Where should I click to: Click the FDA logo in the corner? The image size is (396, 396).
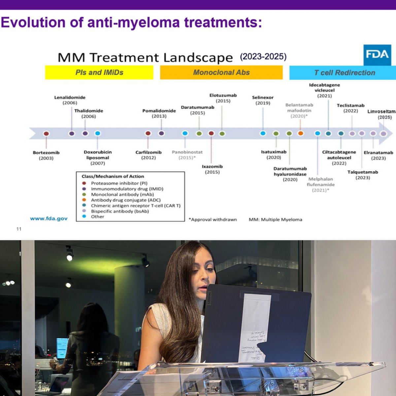pos(377,55)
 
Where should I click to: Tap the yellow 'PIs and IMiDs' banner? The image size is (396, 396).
pos(99,73)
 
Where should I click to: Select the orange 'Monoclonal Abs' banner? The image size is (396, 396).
pos(221,73)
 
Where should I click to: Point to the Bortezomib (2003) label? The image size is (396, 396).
pos(46,155)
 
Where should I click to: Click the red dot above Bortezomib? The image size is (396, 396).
pos(46,134)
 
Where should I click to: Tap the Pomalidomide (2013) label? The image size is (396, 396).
pos(159,114)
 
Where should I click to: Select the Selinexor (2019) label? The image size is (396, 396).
pos(263,100)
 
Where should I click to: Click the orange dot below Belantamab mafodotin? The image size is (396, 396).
pos(300,134)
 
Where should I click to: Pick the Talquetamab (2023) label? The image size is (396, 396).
pos(363,175)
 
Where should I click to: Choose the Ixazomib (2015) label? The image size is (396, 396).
pos(212,169)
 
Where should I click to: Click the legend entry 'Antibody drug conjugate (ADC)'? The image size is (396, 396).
pos(125,200)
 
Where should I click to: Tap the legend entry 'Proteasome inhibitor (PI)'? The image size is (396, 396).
pos(119,183)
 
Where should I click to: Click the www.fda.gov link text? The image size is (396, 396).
pos(49,218)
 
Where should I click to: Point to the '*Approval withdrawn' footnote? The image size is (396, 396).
pos(213,219)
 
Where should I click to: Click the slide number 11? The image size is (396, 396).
pos(19,229)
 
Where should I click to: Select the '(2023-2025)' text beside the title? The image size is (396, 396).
pos(263,57)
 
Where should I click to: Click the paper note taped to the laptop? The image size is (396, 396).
pos(254,327)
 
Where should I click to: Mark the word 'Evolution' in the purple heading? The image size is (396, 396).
pos(33,22)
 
